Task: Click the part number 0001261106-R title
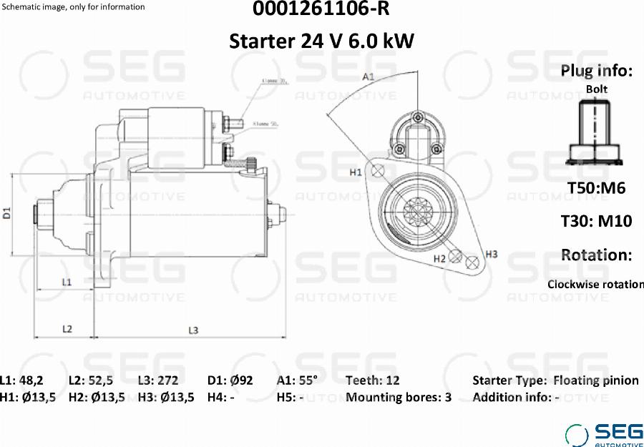pos(321,10)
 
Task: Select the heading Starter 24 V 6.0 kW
pos(321,41)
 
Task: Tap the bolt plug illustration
pos(595,132)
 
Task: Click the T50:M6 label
pos(596,188)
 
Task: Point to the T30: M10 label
pos(596,221)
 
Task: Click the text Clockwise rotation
pos(595,284)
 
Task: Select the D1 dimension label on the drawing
pos(7,212)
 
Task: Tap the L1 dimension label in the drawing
pos(66,282)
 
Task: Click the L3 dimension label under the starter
pos(193,330)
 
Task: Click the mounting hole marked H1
pos(379,170)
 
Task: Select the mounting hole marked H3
pos(472,262)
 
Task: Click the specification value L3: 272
pos(158,380)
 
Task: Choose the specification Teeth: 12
pos(373,380)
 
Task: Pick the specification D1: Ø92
pos(230,380)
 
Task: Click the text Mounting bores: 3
pos(399,398)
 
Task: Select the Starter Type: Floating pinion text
pos(555,380)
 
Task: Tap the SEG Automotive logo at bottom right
pos(605,434)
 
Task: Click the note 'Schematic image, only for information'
pos(74,7)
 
